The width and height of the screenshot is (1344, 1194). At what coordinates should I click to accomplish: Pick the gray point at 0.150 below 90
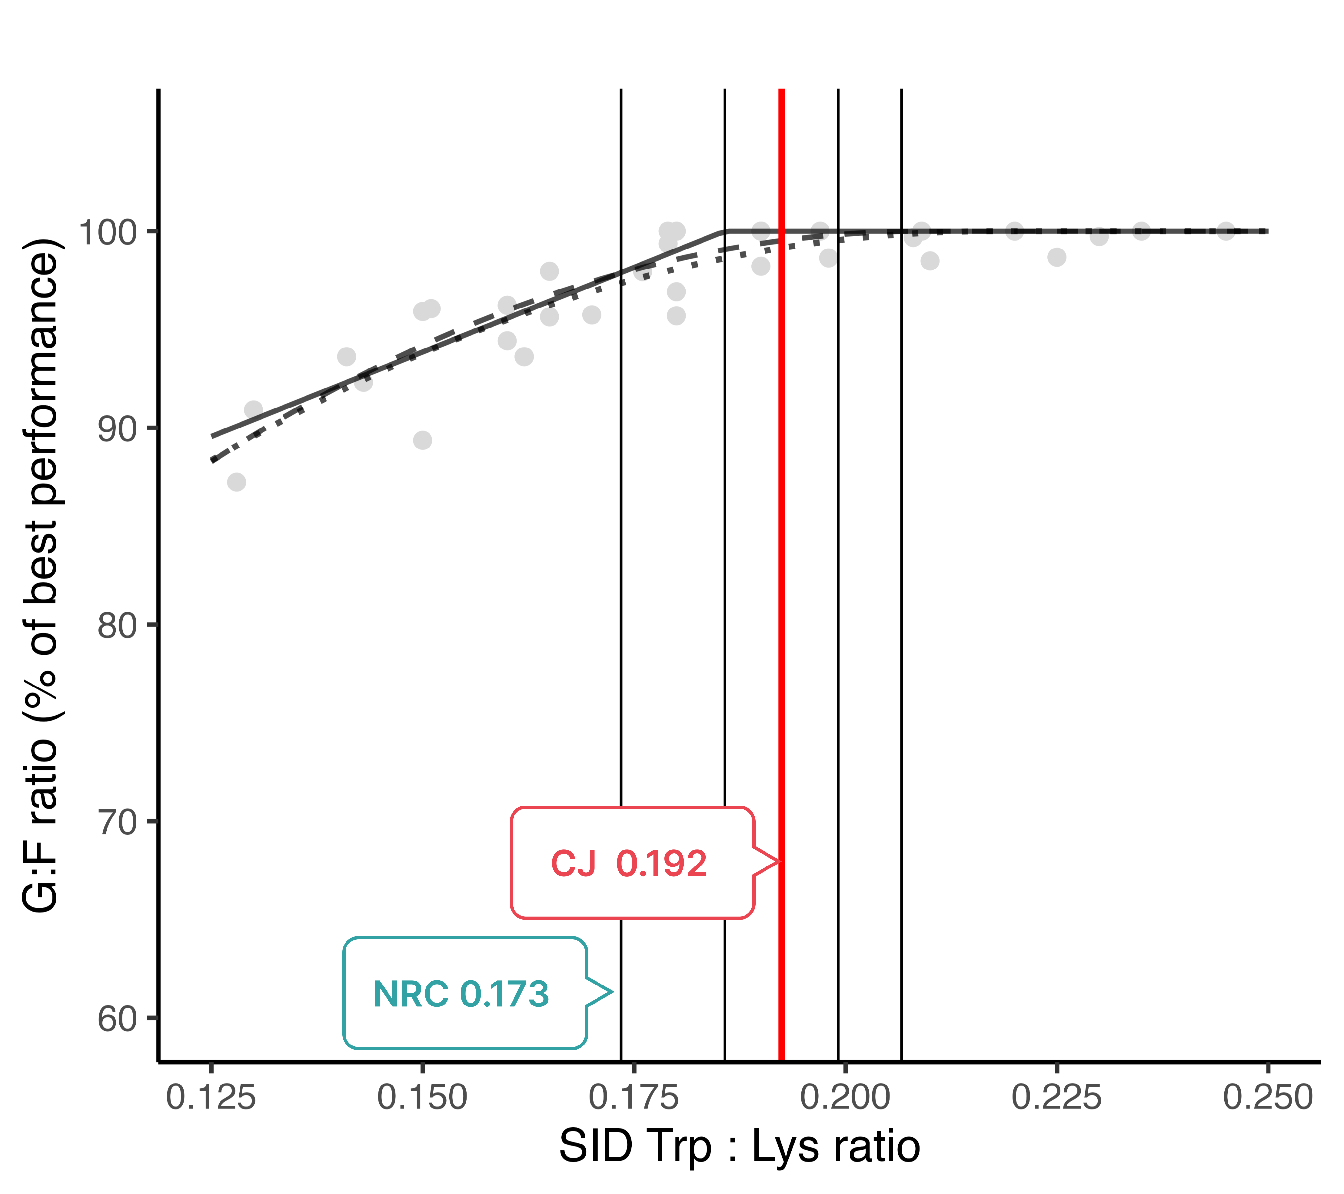423,440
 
